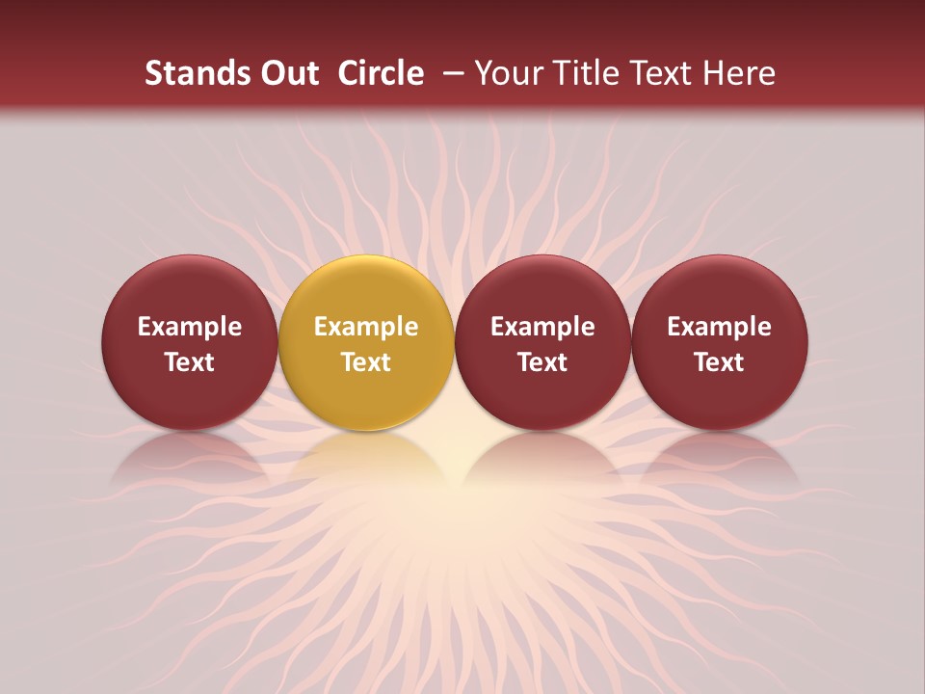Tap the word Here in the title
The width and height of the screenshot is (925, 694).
(741, 73)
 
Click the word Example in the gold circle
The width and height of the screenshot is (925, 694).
(366, 327)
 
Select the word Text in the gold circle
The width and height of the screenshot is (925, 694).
(366, 362)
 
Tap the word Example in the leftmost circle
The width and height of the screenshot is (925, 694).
(190, 327)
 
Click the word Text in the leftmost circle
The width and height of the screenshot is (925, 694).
(190, 362)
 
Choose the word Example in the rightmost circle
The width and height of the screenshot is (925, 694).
(720, 327)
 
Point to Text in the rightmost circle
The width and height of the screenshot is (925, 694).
(720, 362)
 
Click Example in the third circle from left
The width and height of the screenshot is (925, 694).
(542, 327)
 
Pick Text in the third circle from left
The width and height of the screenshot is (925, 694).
(542, 362)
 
